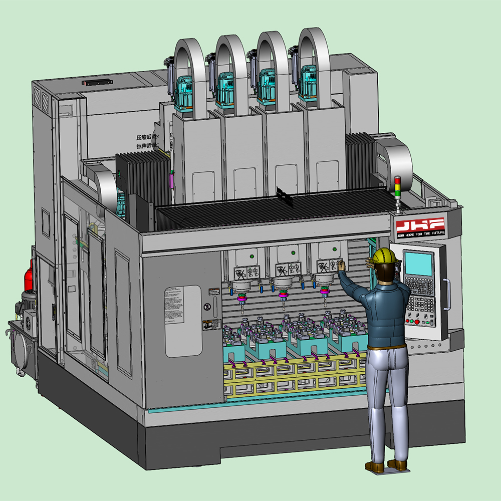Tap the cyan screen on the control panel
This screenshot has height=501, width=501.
(419, 263)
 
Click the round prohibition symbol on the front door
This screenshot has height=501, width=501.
(206, 307)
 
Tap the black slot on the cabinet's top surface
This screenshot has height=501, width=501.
(97, 82)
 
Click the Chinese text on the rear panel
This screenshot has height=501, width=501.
(148, 141)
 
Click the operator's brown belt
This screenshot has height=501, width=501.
(386, 346)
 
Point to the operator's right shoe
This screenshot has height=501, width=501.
(397, 464)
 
